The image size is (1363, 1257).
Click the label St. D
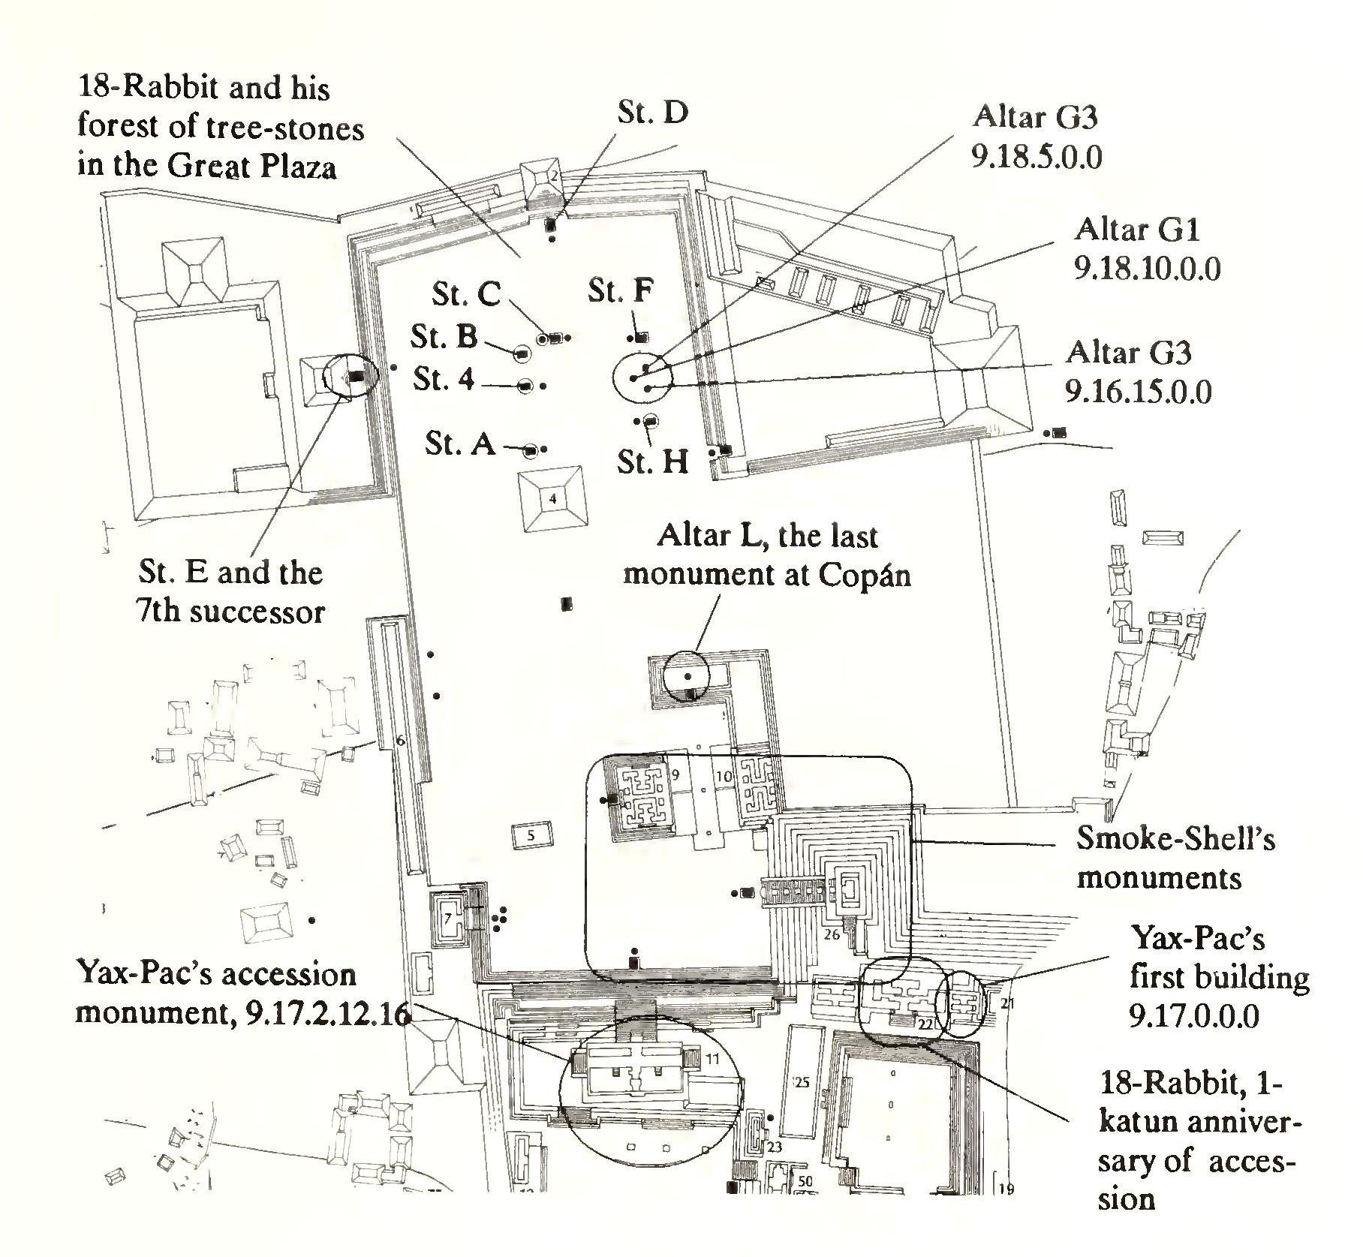tap(652, 113)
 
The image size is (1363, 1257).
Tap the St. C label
tap(465, 293)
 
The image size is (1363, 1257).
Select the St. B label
tap(444, 337)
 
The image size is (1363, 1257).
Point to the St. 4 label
tap(444, 380)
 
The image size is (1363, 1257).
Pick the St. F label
tap(621, 290)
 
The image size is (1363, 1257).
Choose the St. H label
tap(653, 462)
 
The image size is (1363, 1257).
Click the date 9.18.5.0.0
tap(1037, 158)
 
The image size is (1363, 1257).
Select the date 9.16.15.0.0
tap(1138, 392)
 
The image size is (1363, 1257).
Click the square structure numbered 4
tap(553, 498)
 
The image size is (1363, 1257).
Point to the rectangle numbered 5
tap(531, 834)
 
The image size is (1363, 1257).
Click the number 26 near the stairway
tap(832, 935)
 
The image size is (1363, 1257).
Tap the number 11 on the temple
tap(712, 1059)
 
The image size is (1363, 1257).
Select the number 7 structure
tap(448, 918)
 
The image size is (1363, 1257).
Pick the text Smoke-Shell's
tap(1175, 838)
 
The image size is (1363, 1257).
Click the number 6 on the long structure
tap(400, 741)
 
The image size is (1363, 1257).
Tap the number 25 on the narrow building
tap(802, 1082)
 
